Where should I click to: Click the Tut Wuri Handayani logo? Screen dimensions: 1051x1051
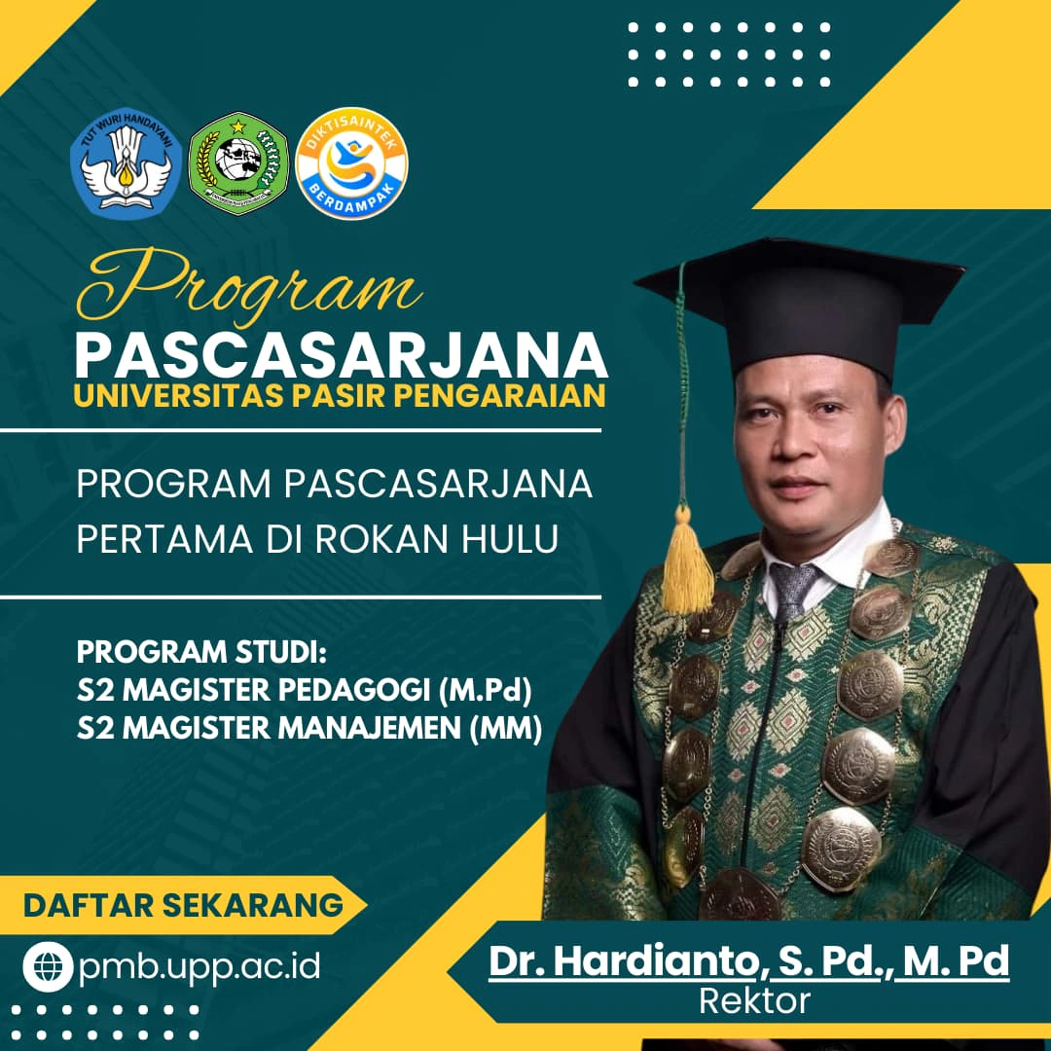126,163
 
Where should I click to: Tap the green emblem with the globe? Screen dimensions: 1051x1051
238,163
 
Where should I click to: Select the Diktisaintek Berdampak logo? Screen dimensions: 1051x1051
351,163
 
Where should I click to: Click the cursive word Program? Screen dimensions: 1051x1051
249,285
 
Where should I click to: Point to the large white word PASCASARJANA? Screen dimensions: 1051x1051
342,356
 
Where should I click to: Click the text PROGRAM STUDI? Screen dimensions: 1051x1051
201,651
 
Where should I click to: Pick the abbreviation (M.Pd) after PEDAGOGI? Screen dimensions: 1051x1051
486,690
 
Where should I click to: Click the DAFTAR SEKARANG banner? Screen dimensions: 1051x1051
183,905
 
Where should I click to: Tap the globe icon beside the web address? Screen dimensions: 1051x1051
48,966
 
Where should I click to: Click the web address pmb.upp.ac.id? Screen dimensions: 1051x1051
199,967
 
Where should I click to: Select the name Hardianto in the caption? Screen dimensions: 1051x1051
657,961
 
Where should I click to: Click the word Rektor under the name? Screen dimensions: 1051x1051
755,1001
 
